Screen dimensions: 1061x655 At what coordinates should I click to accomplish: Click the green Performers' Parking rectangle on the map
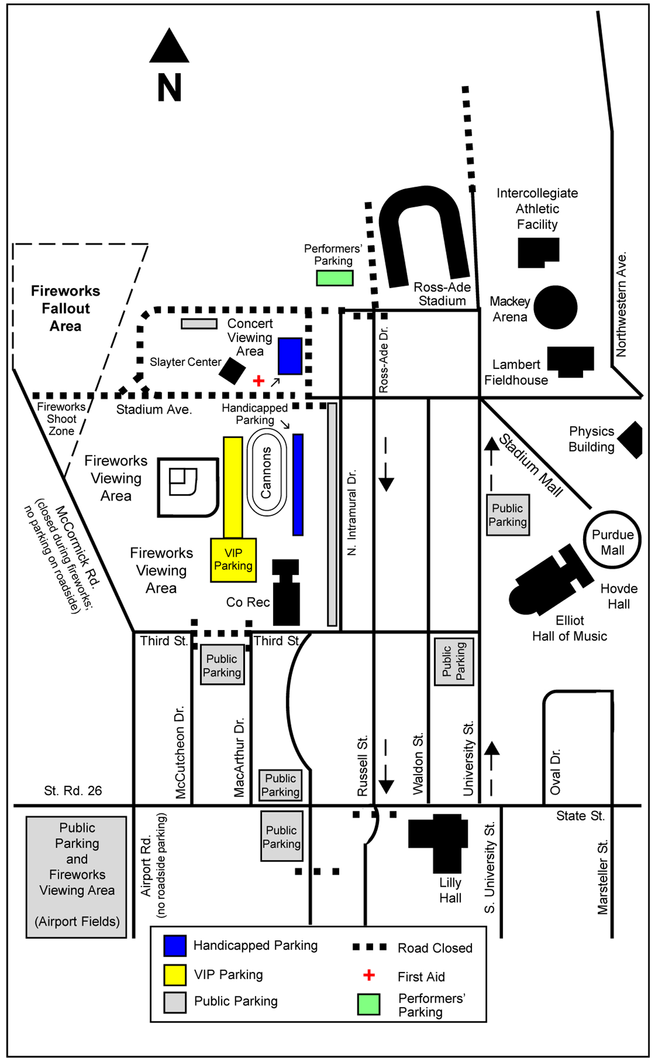tap(334, 278)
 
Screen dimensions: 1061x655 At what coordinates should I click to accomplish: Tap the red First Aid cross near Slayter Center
tap(258, 381)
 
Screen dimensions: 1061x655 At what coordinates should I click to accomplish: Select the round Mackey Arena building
tap(555, 307)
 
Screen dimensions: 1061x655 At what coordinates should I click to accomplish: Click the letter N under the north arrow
tap(170, 88)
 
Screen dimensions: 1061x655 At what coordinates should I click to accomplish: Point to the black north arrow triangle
tap(169, 48)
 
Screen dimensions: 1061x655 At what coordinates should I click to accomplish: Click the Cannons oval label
tap(266, 473)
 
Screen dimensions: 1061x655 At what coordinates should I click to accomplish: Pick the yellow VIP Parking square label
tap(233, 560)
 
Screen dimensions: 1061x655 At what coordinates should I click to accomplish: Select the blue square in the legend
tap(175, 946)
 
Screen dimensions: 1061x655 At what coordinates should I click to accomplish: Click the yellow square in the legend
tap(175, 975)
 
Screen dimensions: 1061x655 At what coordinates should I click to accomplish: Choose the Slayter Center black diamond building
tap(232, 370)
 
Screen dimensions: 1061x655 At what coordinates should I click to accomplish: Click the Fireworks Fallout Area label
tap(65, 308)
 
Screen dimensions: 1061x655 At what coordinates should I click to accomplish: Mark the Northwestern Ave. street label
tap(621, 305)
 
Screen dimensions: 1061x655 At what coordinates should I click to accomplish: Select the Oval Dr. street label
tap(555, 771)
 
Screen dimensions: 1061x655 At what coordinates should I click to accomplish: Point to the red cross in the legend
tap(369, 975)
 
